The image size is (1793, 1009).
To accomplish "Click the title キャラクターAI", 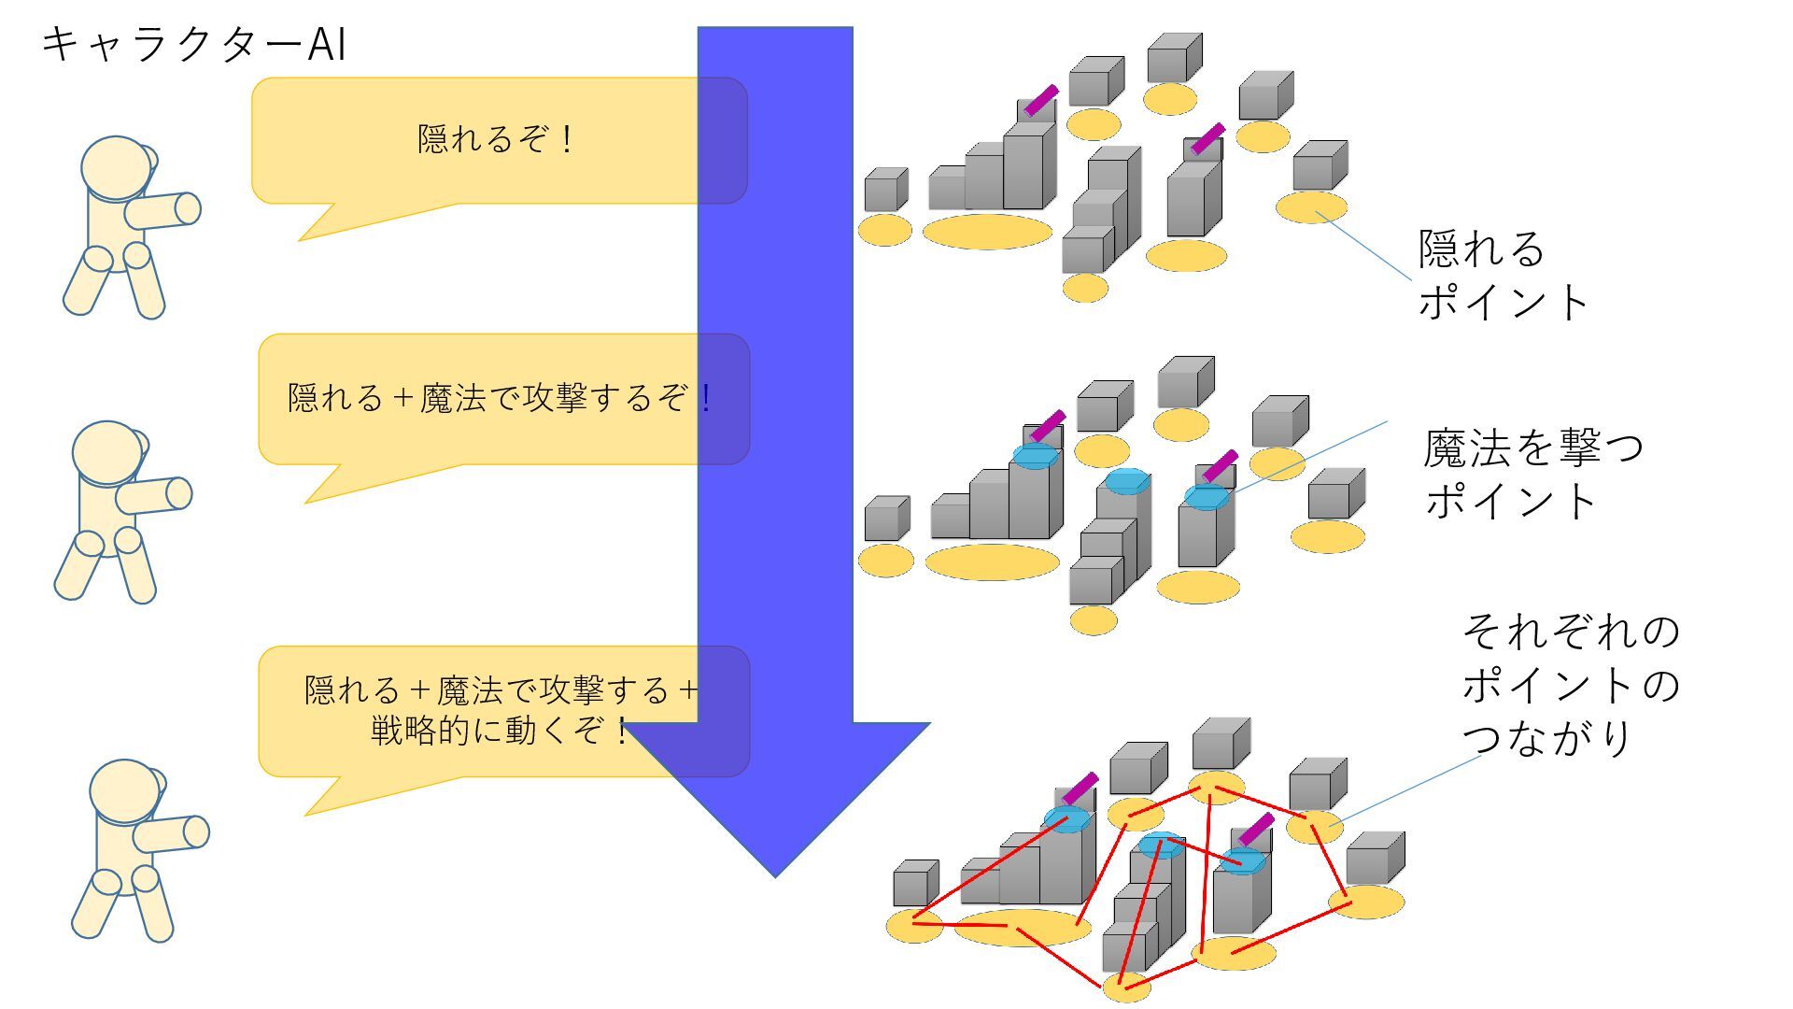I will tap(194, 45).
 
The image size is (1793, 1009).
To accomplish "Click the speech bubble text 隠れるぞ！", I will tap(496, 140).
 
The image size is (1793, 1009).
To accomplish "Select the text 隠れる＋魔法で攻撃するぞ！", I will tap(501, 399).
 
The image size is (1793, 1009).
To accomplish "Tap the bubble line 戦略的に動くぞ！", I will tap(501, 731).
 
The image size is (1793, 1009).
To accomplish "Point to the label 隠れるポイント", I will tap(1504, 276).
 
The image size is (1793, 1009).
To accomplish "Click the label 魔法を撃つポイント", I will tap(1532, 474).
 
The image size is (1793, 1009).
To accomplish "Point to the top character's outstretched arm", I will tap(163, 211).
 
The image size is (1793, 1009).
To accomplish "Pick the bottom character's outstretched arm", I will tap(172, 833).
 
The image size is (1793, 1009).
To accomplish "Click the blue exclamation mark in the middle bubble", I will tap(706, 399).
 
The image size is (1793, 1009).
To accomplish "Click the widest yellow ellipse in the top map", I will tap(987, 232).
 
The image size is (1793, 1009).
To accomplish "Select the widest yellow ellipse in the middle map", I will tap(992, 562).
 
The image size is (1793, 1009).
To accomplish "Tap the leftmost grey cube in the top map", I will tap(885, 191).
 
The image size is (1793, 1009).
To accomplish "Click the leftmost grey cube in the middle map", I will tap(886, 519).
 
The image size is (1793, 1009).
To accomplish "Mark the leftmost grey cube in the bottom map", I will tap(915, 884).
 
